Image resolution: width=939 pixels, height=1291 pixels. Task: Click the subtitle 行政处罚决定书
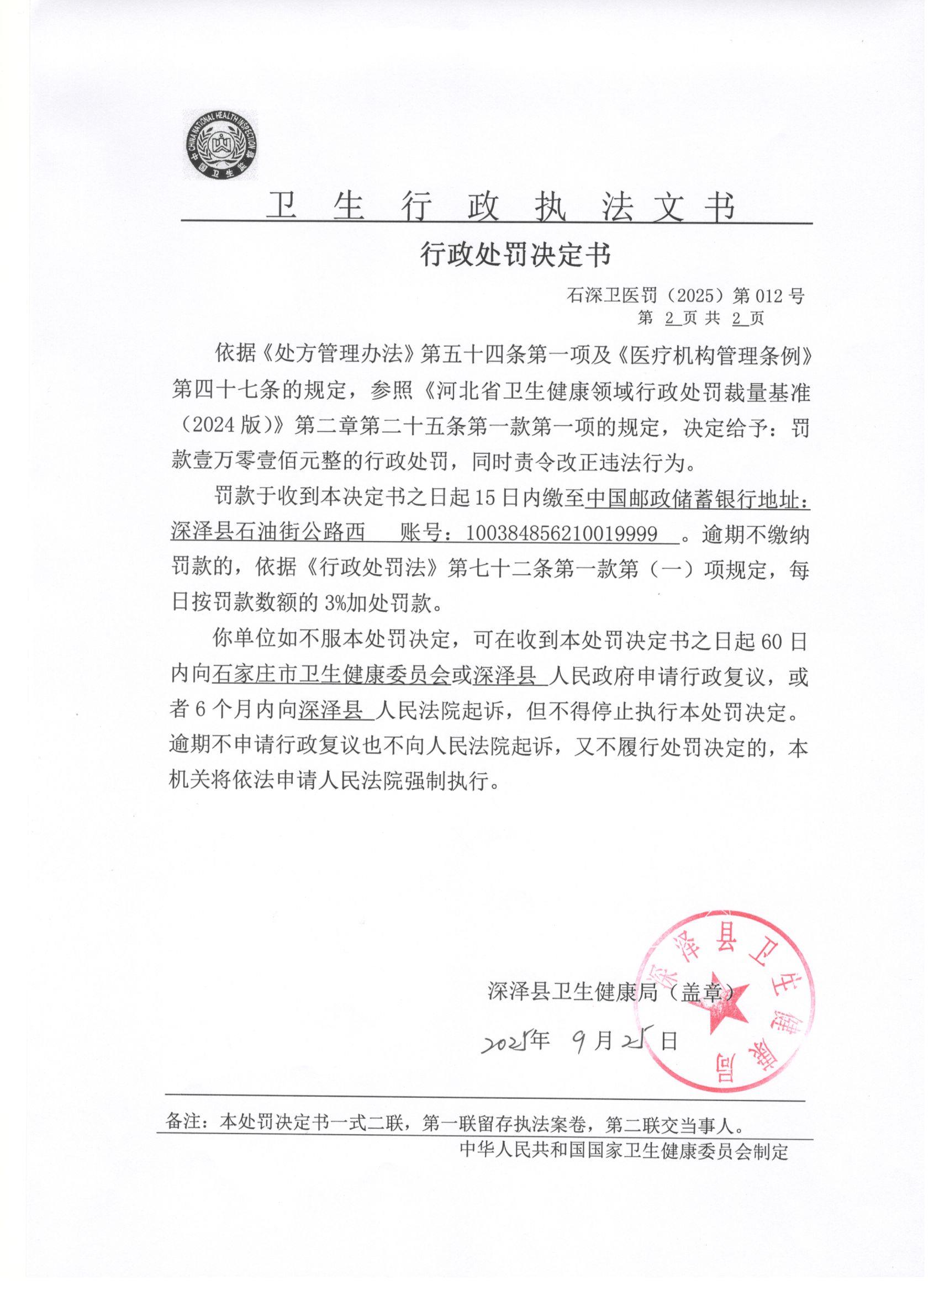pos(515,255)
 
